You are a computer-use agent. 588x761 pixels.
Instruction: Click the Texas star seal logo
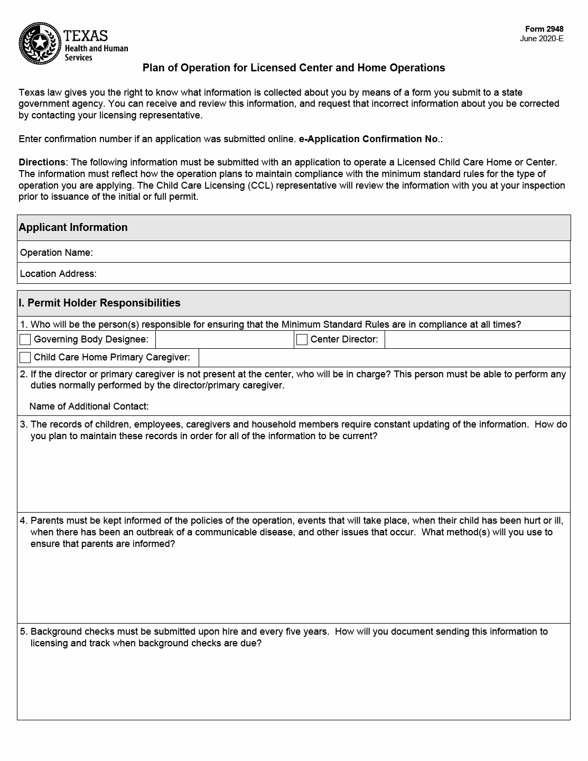pos(40,43)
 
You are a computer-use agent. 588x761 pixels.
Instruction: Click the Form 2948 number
pos(544,29)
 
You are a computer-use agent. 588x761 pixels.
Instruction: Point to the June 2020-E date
pos(542,39)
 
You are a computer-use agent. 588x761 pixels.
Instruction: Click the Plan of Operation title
pos(294,68)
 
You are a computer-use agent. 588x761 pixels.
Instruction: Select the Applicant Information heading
pos(73,227)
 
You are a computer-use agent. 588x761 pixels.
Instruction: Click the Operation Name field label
pos(57,253)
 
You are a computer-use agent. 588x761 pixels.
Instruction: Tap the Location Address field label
pos(58,274)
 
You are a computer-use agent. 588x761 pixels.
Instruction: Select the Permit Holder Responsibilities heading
pos(99,303)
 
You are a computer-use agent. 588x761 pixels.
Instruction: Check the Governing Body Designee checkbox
pos(25,339)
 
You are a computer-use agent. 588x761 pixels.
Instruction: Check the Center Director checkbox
pos(302,339)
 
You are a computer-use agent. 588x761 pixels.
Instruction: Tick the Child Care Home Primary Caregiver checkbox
pos(25,357)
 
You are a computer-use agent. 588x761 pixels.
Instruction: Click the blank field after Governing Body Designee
pos(225,339)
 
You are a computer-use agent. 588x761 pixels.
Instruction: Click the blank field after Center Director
pos(477,339)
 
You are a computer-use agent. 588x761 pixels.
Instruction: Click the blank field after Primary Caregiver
pos(384,358)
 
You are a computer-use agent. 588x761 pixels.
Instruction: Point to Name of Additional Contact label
pos(89,406)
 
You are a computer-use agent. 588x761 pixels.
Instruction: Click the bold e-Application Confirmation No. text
pos(369,139)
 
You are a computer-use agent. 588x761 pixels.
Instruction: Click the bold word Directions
pos(42,162)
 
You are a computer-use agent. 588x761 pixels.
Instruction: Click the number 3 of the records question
pos(23,424)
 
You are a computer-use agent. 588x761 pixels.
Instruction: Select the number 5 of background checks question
pos(23,632)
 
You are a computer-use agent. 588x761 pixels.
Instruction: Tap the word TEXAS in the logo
pos(86,36)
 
